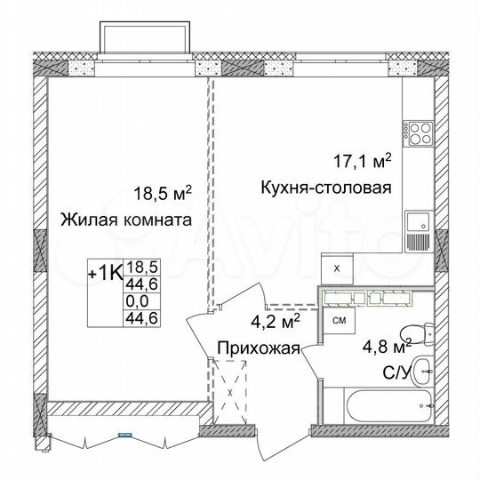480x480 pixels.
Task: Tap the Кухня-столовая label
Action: click(x=326, y=188)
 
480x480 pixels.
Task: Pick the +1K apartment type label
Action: click(x=105, y=272)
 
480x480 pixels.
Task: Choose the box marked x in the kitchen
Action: click(x=335, y=267)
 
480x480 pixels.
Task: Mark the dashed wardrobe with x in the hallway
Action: click(x=230, y=392)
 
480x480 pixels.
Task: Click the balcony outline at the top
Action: click(x=145, y=39)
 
